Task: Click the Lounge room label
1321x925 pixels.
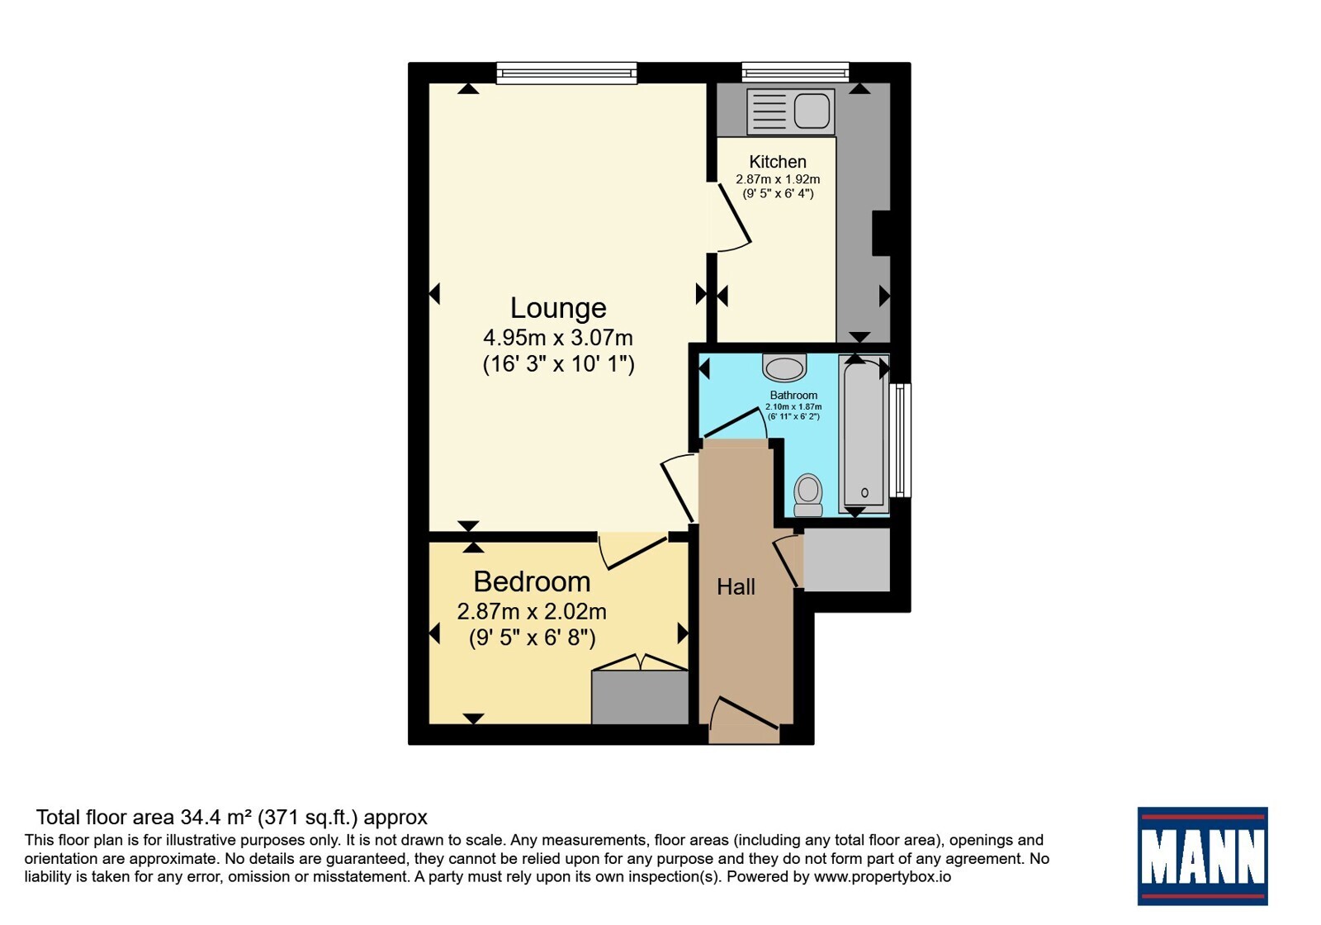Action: (558, 308)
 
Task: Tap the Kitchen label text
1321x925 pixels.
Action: (777, 161)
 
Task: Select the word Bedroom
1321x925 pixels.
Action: (532, 581)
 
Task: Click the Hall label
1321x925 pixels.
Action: (736, 587)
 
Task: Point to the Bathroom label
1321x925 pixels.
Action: (793, 396)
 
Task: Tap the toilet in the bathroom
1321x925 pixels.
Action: (808, 495)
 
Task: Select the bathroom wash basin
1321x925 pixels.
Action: (784, 368)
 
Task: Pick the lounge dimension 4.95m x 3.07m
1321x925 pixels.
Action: (558, 338)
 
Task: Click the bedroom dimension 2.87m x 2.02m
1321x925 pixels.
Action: (532, 612)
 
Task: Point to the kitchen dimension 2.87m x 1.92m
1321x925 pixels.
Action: (777, 179)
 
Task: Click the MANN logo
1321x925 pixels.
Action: (1202, 856)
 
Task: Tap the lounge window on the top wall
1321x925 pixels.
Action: (566, 73)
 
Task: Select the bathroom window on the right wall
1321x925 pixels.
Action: (900, 441)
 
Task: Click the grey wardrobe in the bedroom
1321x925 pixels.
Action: (640, 697)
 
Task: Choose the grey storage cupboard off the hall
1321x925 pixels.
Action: (847, 559)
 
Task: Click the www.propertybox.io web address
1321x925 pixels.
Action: (883, 876)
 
